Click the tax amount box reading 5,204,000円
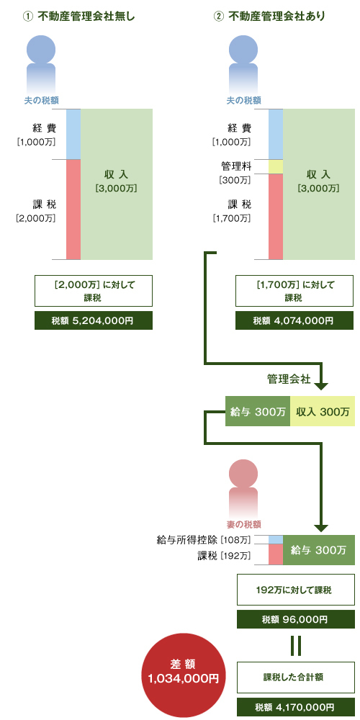tap(94, 320)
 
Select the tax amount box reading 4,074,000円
tap(294, 320)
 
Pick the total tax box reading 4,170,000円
tap(296, 707)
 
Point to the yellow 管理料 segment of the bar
tap(276, 167)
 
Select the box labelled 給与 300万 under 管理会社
tap(258, 411)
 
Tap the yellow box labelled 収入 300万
tap(323, 411)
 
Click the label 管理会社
tap(289, 379)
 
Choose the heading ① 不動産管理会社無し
tap(78, 17)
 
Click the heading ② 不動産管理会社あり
tap(270, 17)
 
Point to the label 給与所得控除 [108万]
tap(204, 539)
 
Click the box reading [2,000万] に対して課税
tap(94, 291)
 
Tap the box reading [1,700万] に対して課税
tap(294, 291)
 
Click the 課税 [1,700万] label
tap(232, 210)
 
